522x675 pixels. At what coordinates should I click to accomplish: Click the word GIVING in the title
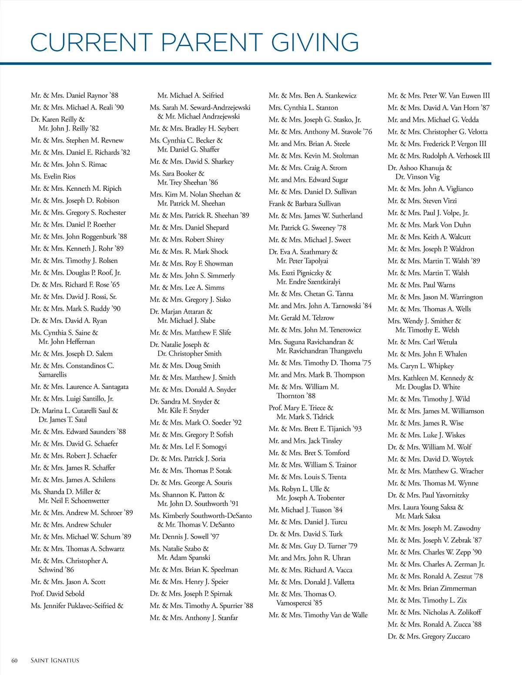click(x=315, y=43)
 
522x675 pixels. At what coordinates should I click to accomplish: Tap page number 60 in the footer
click(x=14, y=661)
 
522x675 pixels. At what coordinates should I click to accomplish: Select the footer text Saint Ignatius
click(x=55, y=661)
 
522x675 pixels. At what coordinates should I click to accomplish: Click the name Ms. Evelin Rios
click(x=53, y=176)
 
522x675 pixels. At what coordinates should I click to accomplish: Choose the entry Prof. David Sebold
click(x=57, y=594)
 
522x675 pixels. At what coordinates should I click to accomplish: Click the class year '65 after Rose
click(x=115, y=285)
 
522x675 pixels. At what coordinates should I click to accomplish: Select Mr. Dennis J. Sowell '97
click(x=184, y=537)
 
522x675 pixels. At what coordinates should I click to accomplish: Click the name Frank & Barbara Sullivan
click(x=304, y=204)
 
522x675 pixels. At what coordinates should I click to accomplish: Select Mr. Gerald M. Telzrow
click(x=301, y=318)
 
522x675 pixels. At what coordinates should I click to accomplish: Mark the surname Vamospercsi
click(x=294, y=603)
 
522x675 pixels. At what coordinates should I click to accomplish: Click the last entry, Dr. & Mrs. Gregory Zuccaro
click(x=428, y=636)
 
